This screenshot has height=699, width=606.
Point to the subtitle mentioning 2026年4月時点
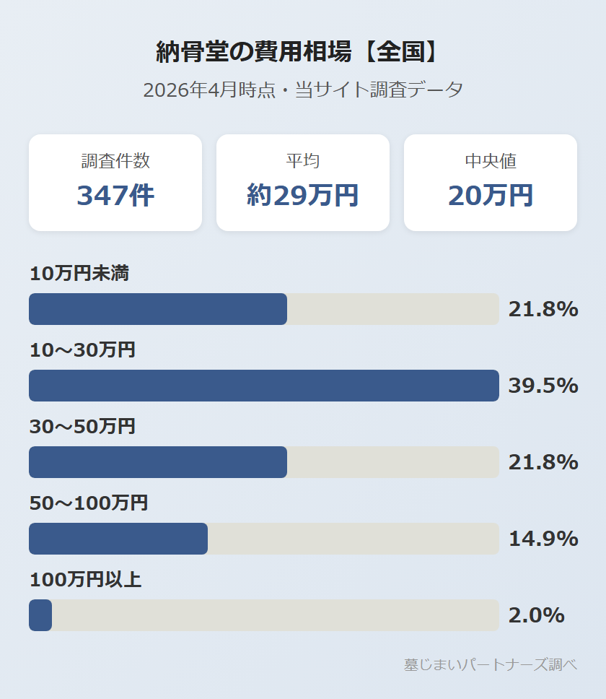point(303,90)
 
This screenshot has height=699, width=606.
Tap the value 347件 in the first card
point(115,195)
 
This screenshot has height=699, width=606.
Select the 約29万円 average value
point(303,195)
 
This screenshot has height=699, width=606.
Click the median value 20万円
point(491,195)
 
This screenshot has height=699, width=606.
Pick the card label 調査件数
point(115,161)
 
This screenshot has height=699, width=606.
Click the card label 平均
point(303,161)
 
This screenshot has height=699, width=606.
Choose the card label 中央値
point(491,161)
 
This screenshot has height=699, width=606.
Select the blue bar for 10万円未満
point(158,309)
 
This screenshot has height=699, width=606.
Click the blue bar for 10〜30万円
point(264,386)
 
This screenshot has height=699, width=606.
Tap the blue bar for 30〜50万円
point(158,462)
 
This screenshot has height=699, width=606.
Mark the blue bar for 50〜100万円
point(118,539)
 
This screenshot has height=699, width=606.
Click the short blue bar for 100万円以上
point(40,615)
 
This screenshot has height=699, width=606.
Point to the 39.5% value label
point(543,386)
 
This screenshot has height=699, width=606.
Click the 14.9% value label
point(543,539)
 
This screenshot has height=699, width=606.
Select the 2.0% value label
point(536,615)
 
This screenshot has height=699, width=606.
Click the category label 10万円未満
point(79,273)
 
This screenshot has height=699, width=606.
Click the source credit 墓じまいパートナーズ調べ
point(491,665)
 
